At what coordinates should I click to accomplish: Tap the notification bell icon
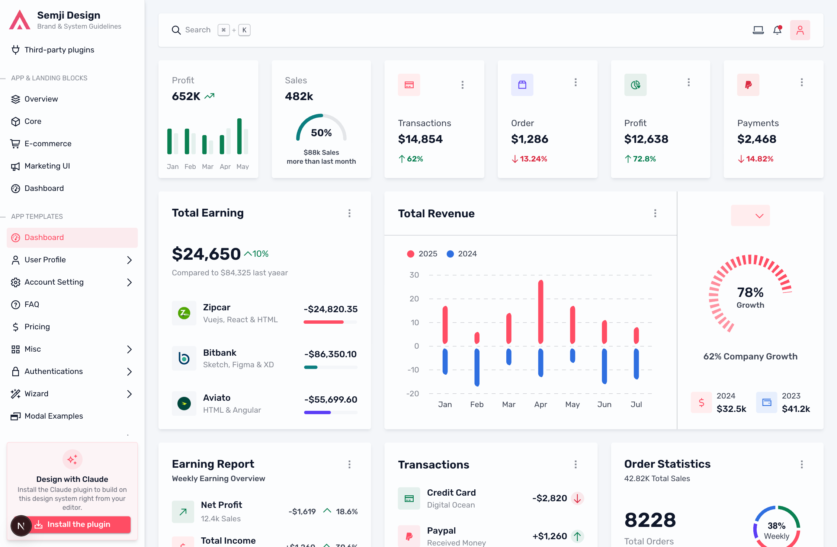click(x=777, y=30)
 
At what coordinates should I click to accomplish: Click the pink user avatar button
click(x=800, y=30)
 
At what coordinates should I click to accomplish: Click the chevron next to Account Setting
click(x=129, y=282)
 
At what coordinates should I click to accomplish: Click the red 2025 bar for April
click(x=541, y=312)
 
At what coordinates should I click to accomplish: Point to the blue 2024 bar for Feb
click(x=477, y=367)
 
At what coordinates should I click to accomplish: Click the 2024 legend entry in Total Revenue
click(x=462, y=254)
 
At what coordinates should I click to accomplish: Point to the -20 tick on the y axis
click(x=413, y=394)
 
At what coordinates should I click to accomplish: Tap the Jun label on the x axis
click(x=604, y=404)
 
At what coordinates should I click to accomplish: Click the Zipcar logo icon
click(x=184, y=313)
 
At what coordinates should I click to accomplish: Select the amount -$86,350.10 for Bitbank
click(x=331, y=354)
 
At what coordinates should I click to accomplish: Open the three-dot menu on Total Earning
click(x=349, y=213)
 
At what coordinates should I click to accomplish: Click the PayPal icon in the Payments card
click(x=748, y=85)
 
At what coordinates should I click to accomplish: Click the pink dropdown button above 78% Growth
click(x=750, y=215)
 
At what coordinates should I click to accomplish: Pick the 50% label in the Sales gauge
click(x=321, y=133)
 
